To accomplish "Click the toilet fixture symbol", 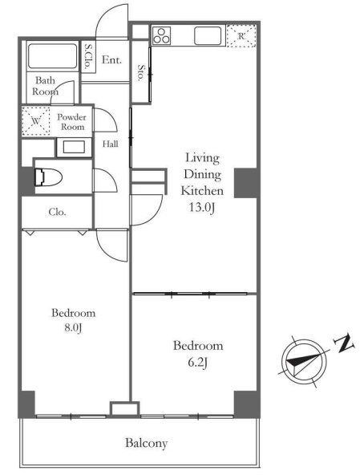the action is pos(48,177).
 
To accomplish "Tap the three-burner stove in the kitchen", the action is pos(162,36).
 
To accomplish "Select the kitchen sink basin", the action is pos(208,36).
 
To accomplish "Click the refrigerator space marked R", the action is pos(241,36).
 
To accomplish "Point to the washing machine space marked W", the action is pos(36,121).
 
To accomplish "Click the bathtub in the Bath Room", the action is pos(52,56).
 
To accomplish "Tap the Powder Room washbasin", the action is pos(74,148).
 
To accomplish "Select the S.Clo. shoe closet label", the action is pos(88,57).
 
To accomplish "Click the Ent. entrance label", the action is pos(111,59).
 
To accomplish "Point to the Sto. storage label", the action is pos(141,72).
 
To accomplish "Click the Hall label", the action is pos(110,144).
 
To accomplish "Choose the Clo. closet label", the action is pos(57,212).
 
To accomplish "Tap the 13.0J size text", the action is pos(202,208).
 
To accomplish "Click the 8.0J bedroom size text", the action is pos(73,328).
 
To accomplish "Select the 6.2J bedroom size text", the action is pos(197,363).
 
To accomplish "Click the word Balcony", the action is pos(146,444).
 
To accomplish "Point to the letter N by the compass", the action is pos(344,343).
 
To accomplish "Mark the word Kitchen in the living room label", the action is pos(202,191).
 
